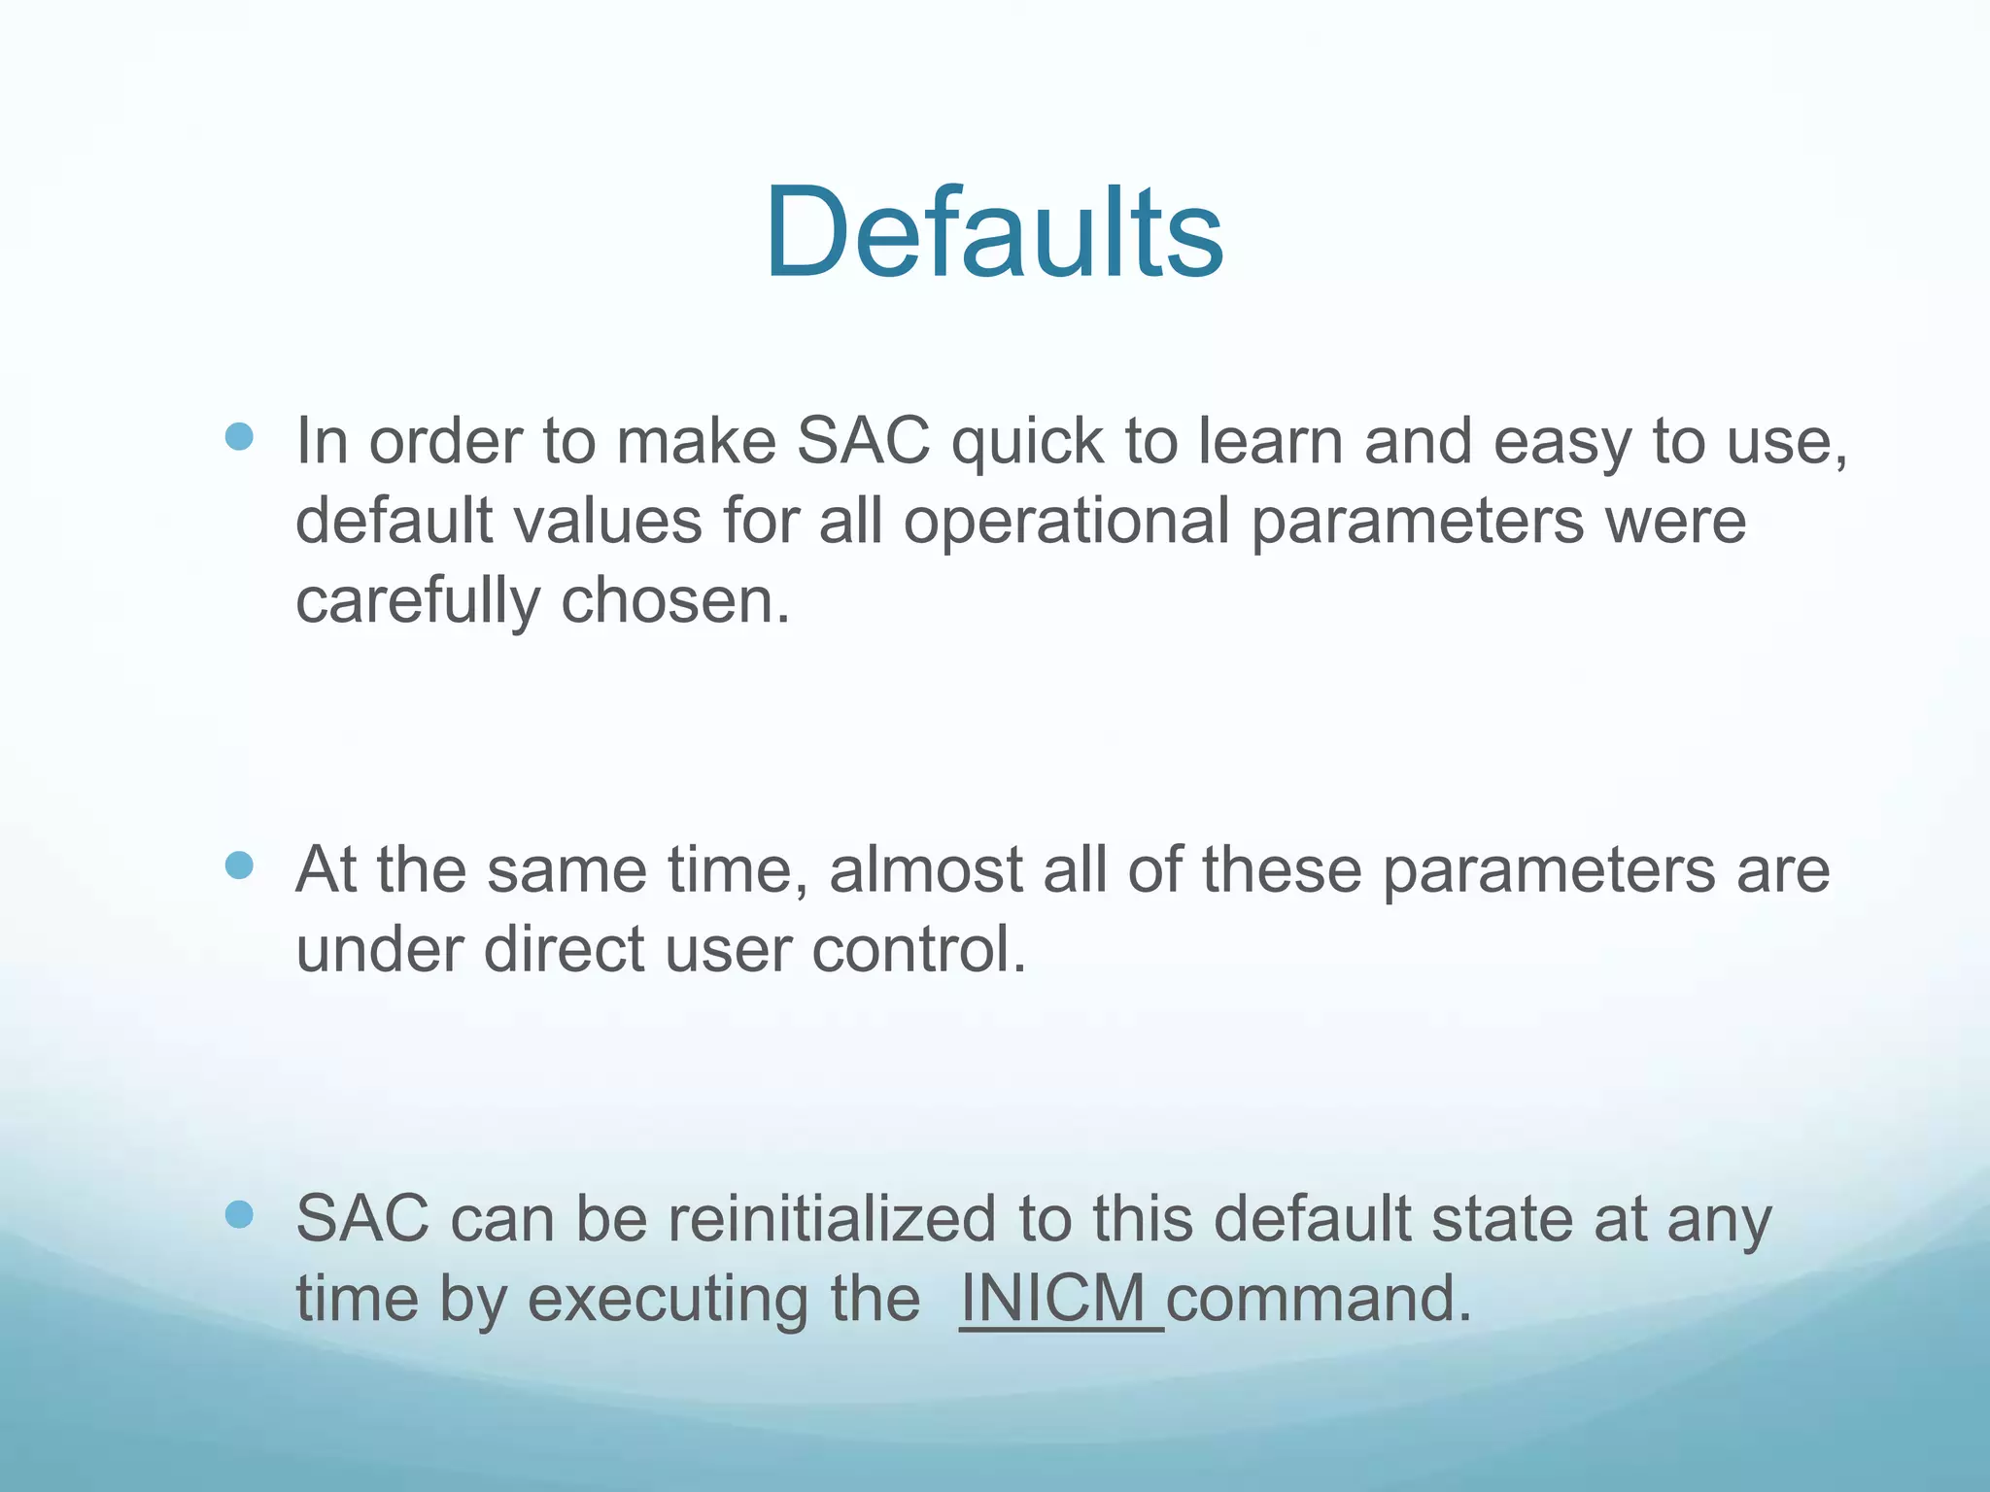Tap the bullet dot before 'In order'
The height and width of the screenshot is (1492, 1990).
pos(239,436)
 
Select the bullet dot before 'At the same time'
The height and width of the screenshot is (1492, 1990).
pos(239,865)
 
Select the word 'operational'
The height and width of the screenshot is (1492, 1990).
pos(1067,521)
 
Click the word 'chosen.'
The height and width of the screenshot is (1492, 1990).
pos(676,601)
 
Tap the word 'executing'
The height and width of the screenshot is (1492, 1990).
pos(723,1299)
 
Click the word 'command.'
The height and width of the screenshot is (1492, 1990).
pos(1319,1299)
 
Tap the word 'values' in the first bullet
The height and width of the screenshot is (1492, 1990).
pos(607,521)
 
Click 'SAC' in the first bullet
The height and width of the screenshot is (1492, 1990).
pos(863,442)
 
